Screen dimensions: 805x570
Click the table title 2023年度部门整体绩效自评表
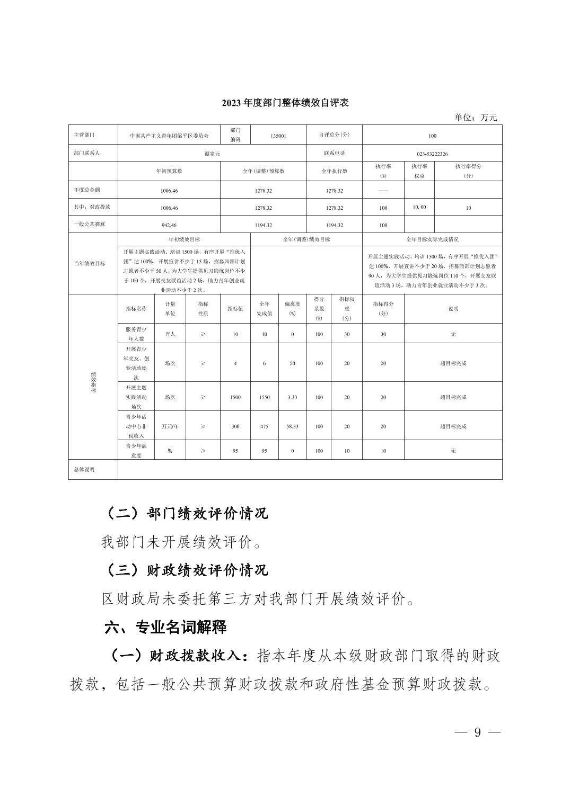point(285,103)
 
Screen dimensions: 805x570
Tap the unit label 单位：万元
point(476,118)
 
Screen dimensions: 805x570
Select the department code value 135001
point(278,136)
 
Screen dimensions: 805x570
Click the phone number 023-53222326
point(432,154)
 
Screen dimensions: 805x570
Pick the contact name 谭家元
point(212,154)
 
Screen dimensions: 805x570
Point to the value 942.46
point(169,225)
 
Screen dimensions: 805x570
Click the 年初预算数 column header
point(169,171)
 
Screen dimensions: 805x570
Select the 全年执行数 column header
point(335,171)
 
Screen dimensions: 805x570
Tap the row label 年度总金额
point(87,190)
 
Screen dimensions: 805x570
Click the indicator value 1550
point(264,397)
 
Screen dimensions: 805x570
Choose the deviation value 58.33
point(292,426)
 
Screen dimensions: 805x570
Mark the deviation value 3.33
point(292,397)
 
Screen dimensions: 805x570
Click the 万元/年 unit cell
point(170,426)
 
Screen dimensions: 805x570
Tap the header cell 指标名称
point(136,308)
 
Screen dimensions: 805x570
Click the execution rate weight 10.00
point(419,207)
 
